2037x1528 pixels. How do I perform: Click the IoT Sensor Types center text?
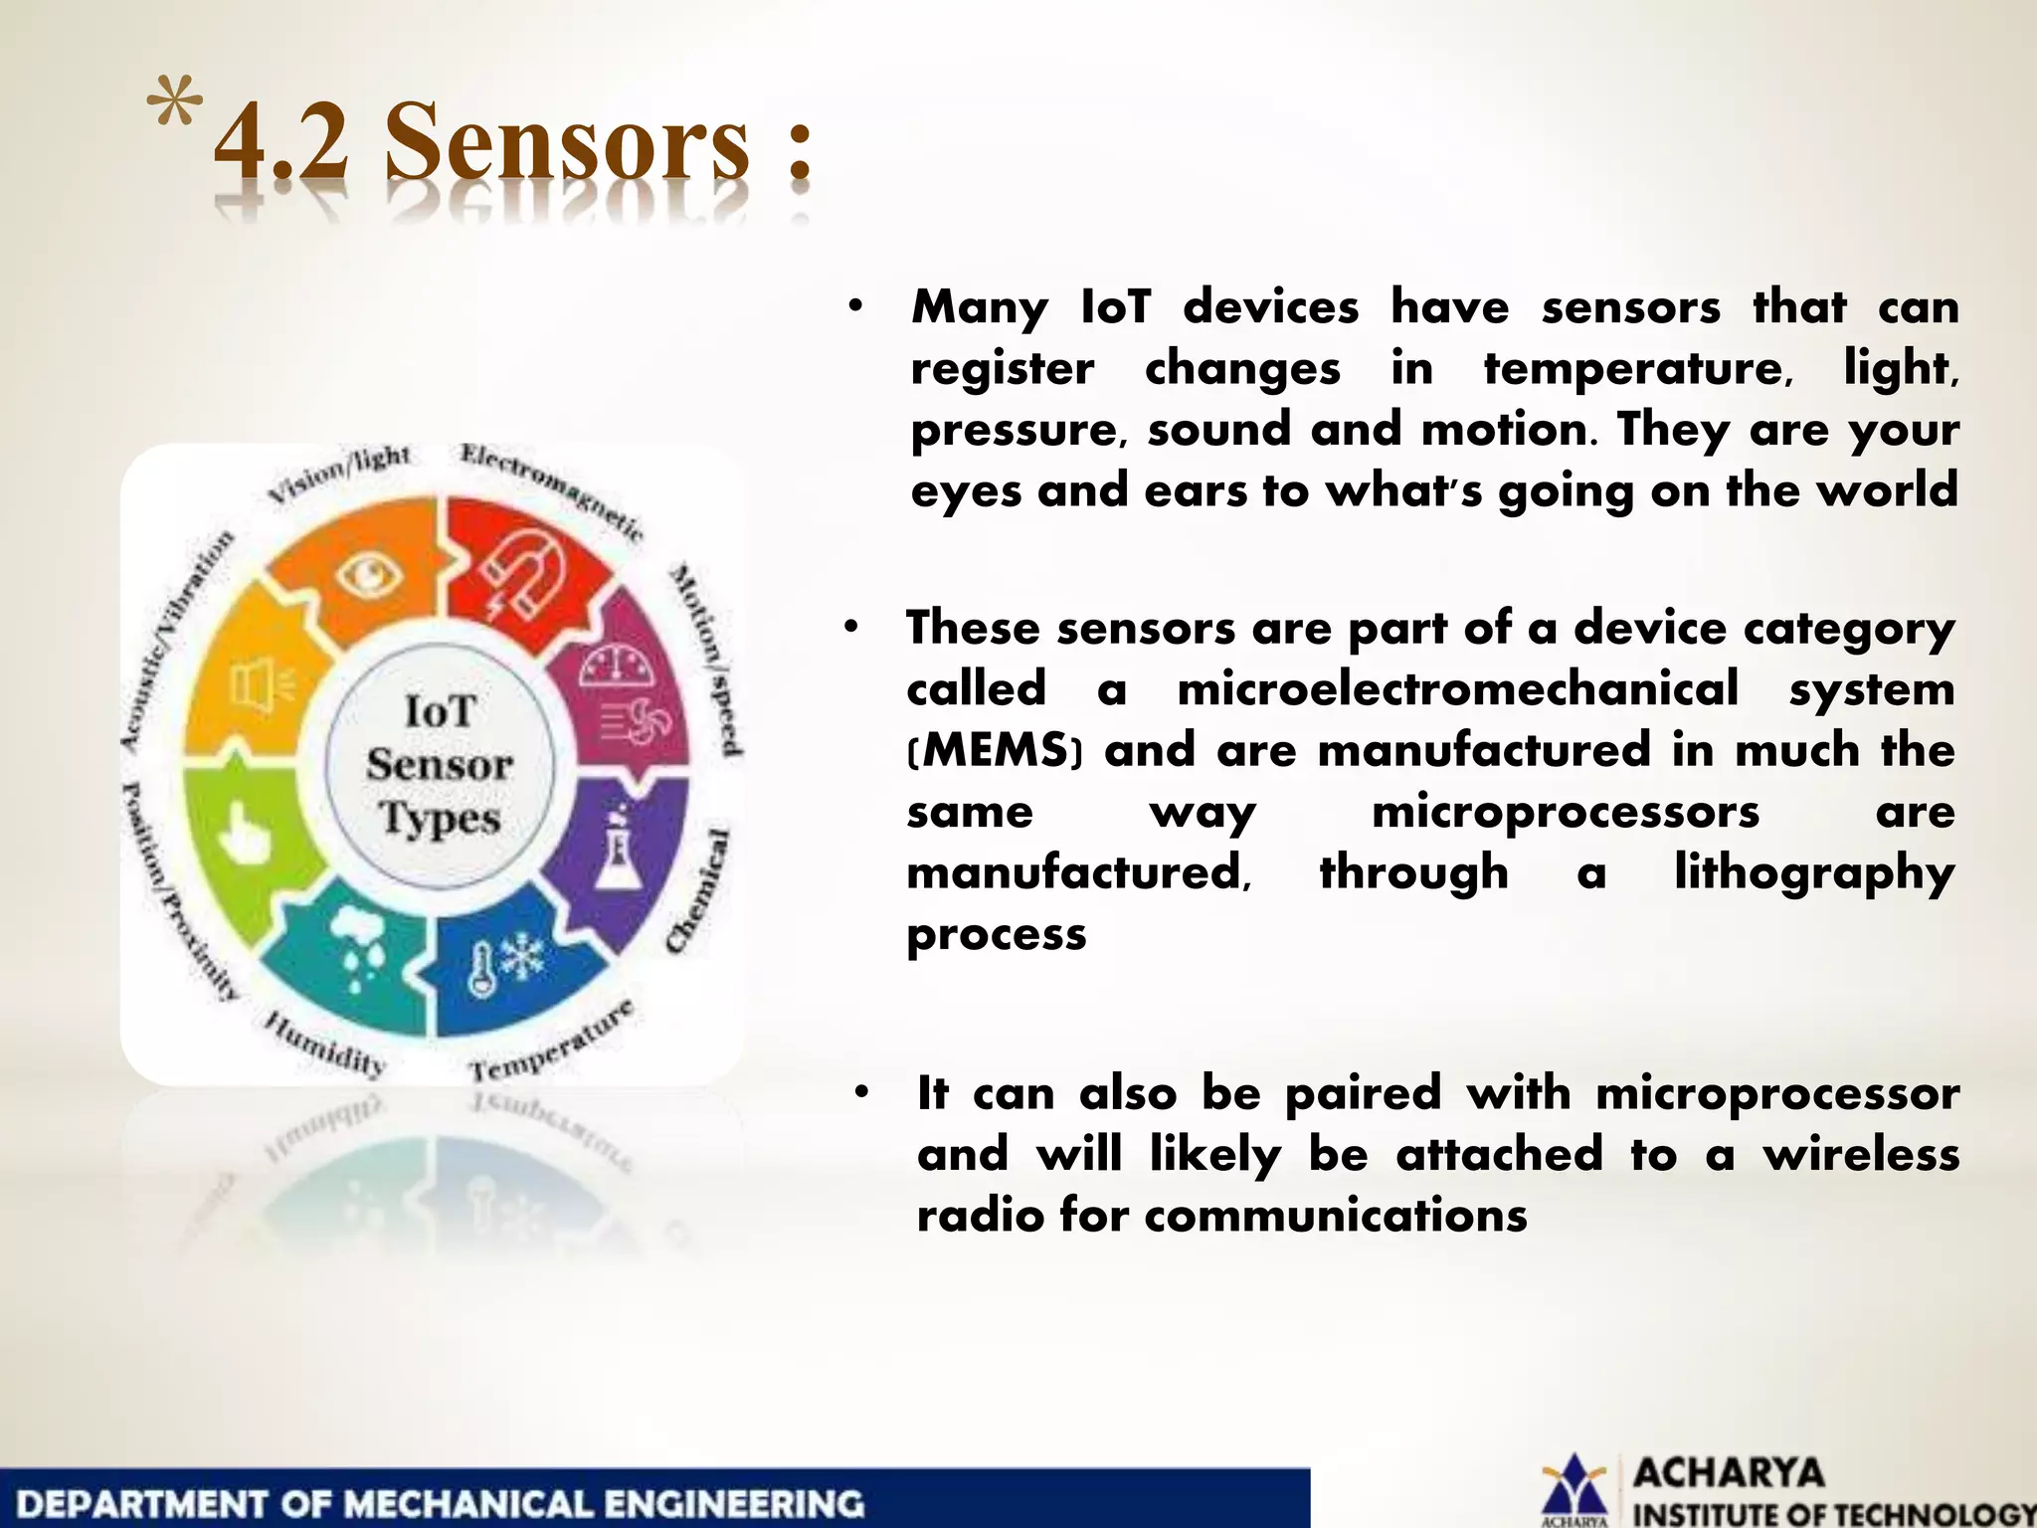(439, 765)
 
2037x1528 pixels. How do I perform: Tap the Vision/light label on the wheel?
(339, 472)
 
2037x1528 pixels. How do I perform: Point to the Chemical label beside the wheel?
(699, 889)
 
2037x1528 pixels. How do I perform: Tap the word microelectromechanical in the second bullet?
(1457, 688)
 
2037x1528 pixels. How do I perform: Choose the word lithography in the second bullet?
(1814, 872)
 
